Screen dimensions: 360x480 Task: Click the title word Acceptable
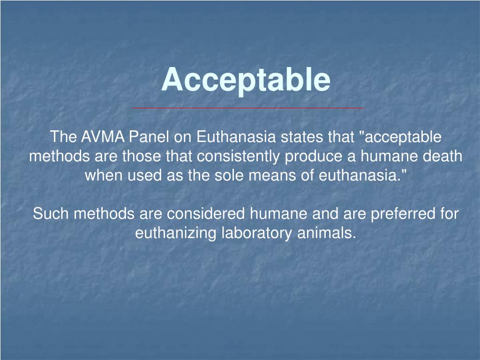pos(246,80)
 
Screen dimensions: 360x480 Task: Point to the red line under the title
pos(247,108)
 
